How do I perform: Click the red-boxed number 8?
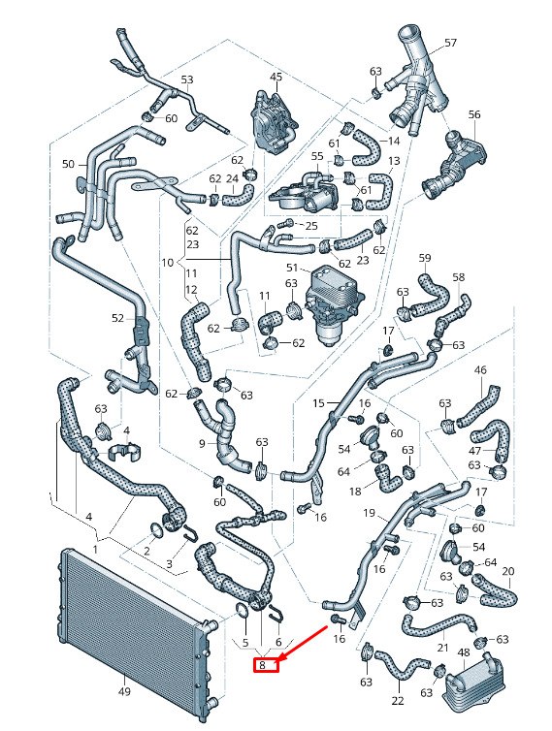tap(262, 665)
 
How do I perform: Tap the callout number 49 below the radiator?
tap(124, 691)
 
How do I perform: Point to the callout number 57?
tap(450, 43)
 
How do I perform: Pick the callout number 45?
tap(276, 77)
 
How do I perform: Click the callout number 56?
tap(474, 114)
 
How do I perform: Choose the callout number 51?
tap(292, 268)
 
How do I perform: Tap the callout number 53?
tap(186, 79)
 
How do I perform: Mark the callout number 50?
tap(68, 164)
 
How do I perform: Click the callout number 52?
tap(117, 318)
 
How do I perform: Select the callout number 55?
tap(317, 156)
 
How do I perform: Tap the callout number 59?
tap(425, 258)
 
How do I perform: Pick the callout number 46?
tap(480, 370)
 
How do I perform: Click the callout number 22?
tap(398, 700)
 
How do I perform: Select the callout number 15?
tap(318, 402)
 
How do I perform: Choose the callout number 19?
tap(369, 513)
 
